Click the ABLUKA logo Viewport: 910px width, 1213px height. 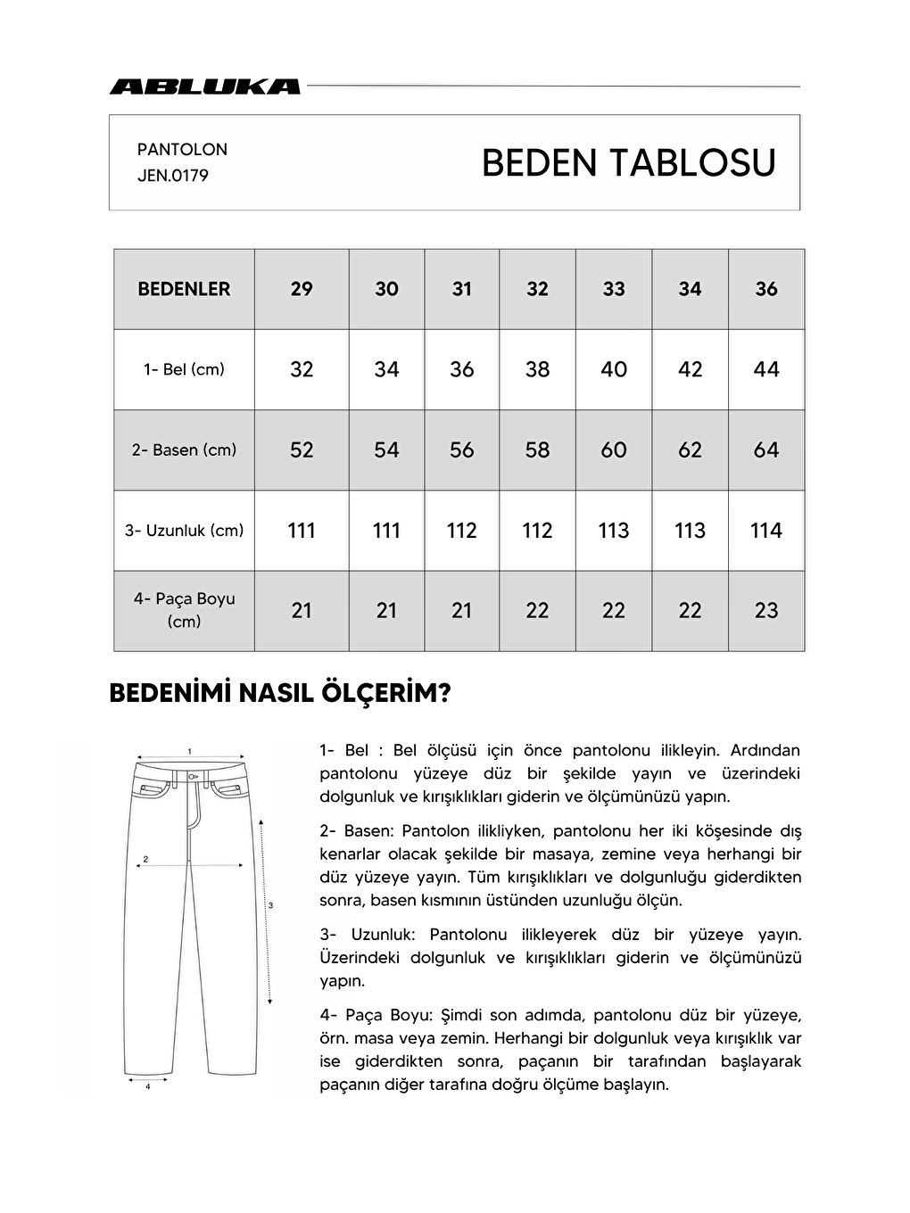click(204, 87)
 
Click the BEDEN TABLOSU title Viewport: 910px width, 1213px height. click(628, 163)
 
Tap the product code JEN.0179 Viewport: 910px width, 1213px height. click(173, 176)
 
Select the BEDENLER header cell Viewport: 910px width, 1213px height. click(184, 289)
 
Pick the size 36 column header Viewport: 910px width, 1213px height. click(765, 289)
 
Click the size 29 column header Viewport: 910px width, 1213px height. click(302, 289)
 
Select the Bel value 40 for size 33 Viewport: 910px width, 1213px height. click(614, 369)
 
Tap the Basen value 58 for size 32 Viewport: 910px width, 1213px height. click(537, 450)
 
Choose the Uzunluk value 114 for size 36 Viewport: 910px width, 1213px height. click(765, 531)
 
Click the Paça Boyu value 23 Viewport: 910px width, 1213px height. click(765, 611)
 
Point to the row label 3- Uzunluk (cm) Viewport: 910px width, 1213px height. click(184, 531)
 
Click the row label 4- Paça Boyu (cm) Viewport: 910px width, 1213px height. click(184, 610)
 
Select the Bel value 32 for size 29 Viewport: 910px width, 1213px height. click(302, 369)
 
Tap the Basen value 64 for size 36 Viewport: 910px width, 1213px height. click(765, 450)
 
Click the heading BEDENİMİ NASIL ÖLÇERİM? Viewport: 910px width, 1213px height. click(279, 694)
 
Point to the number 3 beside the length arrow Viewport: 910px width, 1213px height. click(270, 905)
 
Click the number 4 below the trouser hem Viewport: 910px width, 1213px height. click(147, 1087)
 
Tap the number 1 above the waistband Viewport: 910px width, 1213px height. click(190, 750)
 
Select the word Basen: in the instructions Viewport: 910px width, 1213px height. click(368, 831)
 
